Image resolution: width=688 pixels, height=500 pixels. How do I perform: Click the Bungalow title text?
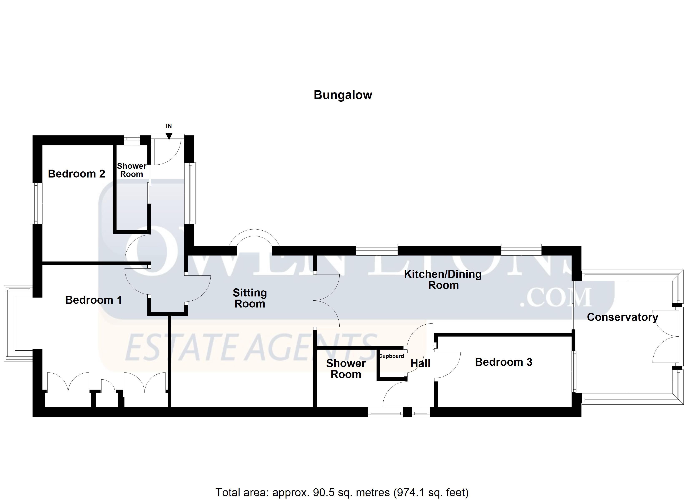pyautogui.click(x=343, y=95)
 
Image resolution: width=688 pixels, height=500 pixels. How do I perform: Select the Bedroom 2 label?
pyautogui.click(x=77, y=174)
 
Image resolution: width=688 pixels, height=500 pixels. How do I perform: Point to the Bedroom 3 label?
pyautogui.click(x=503, y=362)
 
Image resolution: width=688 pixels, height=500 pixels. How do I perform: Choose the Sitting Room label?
pyautogui.click(x=250, y=298)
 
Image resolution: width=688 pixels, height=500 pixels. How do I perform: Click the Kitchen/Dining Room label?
pyautogui.click(x=443, y=280)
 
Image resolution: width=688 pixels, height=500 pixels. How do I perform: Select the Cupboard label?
pyautogui.click(x=391, y=356)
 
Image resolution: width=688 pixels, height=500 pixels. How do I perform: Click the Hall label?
pyautogui.click(x=421, y=363)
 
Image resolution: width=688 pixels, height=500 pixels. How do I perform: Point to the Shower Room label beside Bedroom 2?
pyautogui.click(x=132, y=170)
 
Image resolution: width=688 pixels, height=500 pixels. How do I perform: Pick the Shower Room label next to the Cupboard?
pyautogui.click(x=346, y=369)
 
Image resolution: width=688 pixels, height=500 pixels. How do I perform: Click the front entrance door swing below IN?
pyautogui.click(x=168, y=152)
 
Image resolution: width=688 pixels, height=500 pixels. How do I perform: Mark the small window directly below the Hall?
pyautogui.click(x=421, y=413)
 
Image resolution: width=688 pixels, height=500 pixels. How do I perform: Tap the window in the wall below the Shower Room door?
pyautogui.click(x=385, y=413)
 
